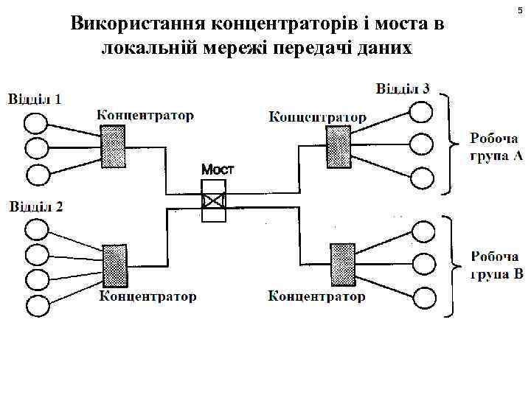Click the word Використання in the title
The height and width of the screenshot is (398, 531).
pos(139,24)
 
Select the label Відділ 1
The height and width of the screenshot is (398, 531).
pos(35,99)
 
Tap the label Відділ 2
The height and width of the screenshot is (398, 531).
pos(36,206)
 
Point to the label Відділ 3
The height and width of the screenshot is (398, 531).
pos(403,88)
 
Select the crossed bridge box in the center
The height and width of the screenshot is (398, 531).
pos(214,200)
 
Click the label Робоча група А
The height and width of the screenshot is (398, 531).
pos(496,146)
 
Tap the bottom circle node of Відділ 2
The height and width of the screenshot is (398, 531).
pos(36,304)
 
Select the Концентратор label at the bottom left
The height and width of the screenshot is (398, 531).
pos(148,296)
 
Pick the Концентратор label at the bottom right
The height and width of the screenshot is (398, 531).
pos(316,296)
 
